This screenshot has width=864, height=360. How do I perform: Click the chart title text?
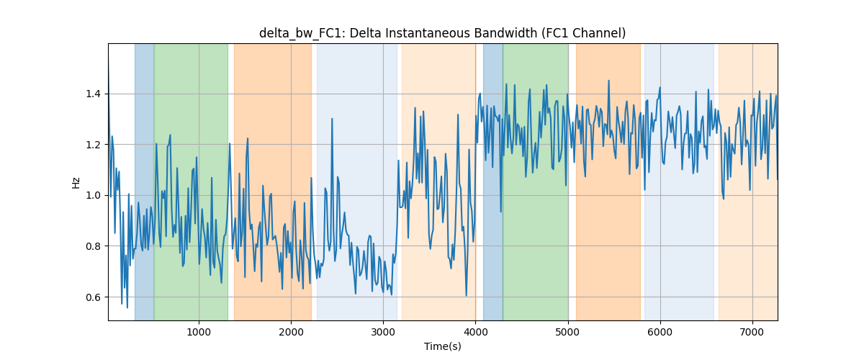click(442, 33)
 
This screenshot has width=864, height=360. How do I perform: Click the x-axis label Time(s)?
click(442, 346)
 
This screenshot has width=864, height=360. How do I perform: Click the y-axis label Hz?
click(76, 182)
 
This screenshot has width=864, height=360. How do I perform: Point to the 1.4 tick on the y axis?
click(93, 94)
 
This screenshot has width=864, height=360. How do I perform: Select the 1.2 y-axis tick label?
click(93, 145)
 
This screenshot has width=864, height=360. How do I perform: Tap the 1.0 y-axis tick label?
click(93, 195)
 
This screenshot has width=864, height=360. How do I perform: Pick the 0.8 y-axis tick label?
click(93, 246)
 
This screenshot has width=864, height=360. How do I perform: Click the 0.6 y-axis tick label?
click(93, 297)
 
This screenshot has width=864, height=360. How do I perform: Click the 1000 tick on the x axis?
click(199, 332)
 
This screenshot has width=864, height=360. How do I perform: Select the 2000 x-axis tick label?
click(291, 332)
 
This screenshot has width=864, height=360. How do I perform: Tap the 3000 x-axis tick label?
click(383, 332)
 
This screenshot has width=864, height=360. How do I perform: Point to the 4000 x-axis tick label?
click(476, 332)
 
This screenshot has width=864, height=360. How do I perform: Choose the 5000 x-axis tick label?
click(568, 332)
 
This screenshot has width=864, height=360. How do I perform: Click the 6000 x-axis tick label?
click(660, 332)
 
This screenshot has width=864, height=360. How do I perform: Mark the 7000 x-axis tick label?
click(752, 332)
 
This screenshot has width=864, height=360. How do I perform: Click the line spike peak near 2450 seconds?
click(332, 119)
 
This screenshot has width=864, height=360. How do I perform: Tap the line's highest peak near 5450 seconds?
click(608, 81)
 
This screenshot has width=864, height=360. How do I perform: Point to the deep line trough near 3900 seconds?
click(467, 296)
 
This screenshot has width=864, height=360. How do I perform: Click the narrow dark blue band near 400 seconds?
click(144, 181)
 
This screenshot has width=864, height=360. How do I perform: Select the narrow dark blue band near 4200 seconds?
click(493, 181)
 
